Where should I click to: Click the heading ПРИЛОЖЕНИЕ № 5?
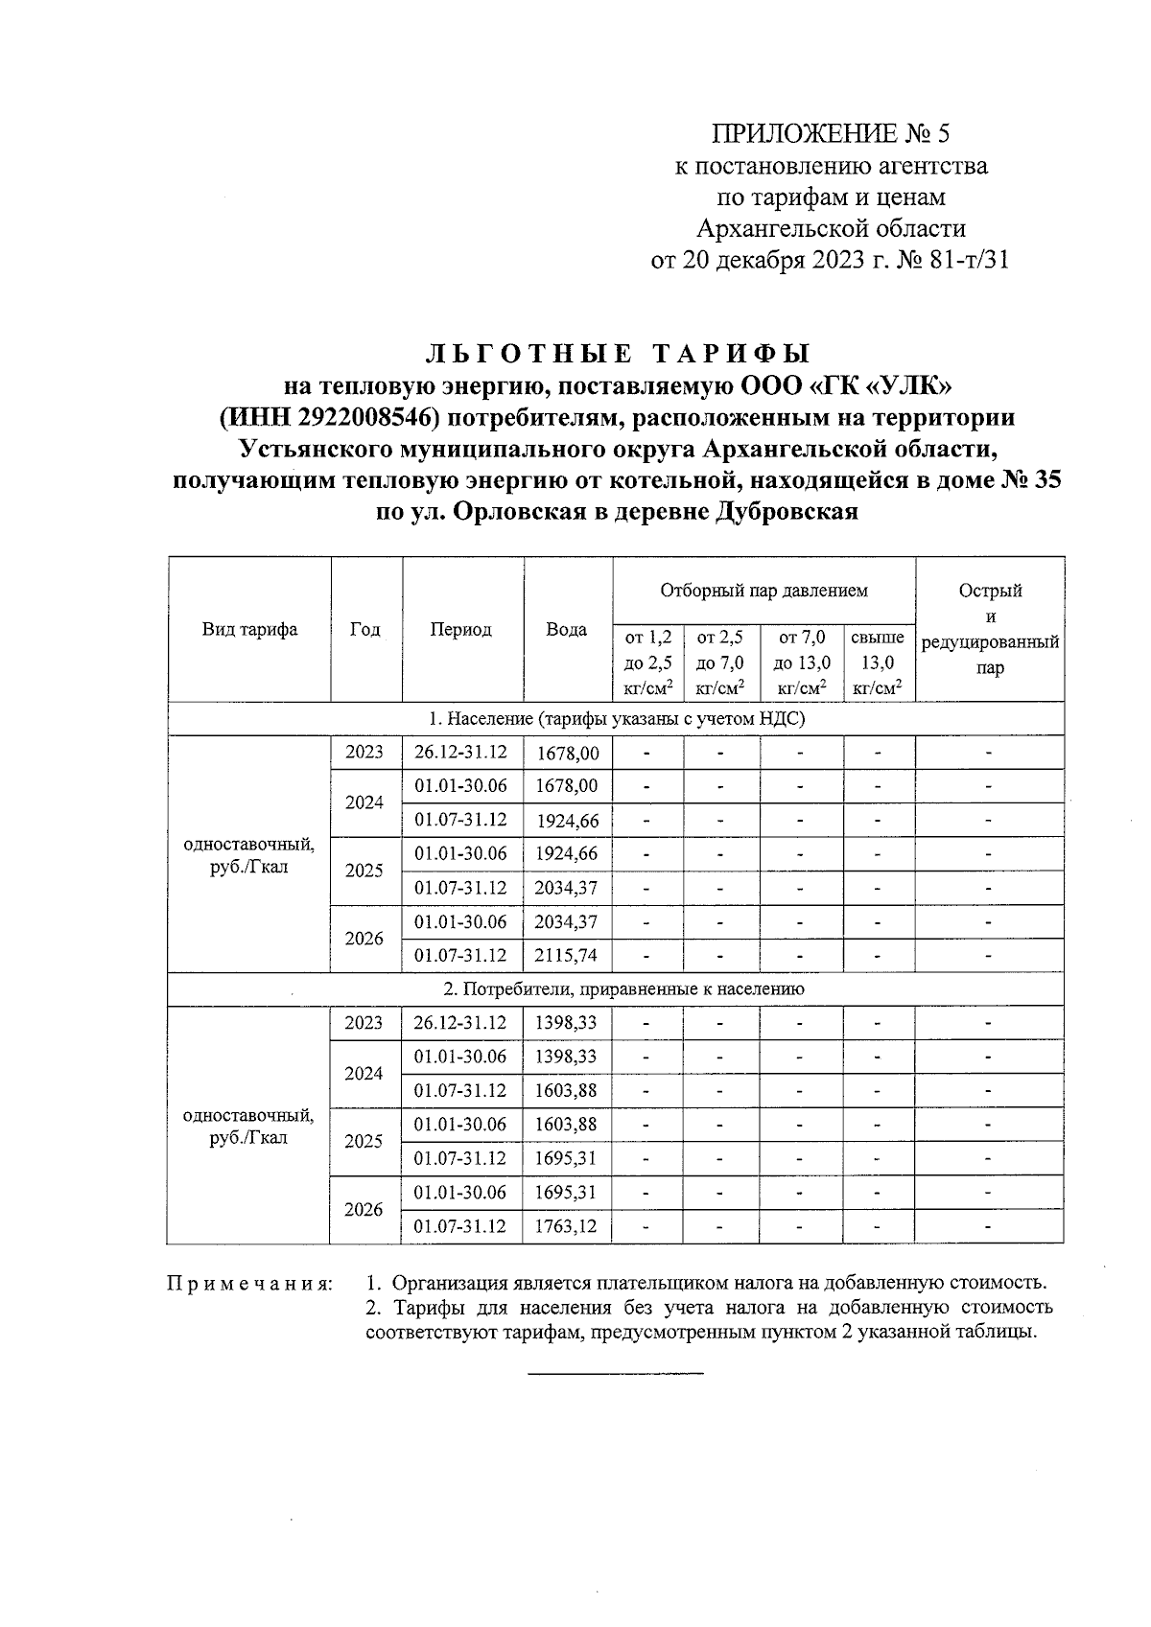tap(831, 133)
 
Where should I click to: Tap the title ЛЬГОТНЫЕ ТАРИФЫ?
tap(617, 354)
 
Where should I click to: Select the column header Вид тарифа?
tap(249, 630)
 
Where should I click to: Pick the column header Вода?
tap(567, 630)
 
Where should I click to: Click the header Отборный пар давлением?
tap(763, 591)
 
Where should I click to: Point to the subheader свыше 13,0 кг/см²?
tap(878, 662)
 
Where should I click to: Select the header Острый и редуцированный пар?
tap(990, 629)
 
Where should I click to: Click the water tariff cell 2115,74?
tap(567, 956)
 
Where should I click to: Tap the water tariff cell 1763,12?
tap(567, 1226)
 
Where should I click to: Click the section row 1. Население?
tap(616, 719)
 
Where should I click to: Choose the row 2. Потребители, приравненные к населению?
tap(616, 989)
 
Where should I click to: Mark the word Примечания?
tap(249, 1283)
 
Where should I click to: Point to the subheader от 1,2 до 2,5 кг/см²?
tap(648, 662)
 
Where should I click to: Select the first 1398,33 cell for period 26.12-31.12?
tap(567, 1023)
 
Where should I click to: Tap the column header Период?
tap(461, 630)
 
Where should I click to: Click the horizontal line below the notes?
tap(616, 1374)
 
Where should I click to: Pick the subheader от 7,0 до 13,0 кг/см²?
tap(802, 662)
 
